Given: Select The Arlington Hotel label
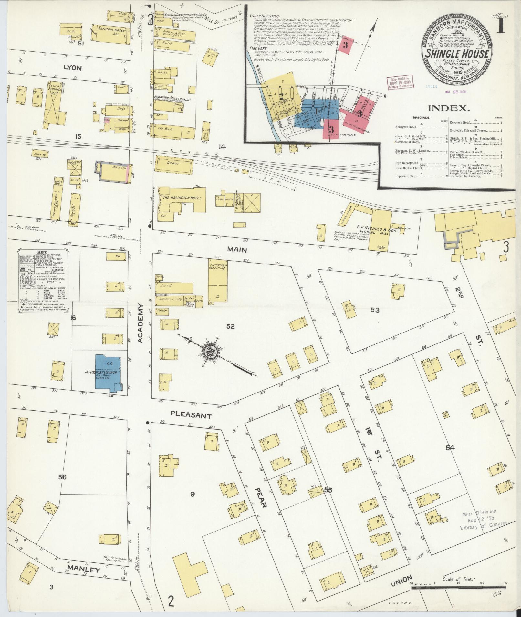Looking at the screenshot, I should click(x=182, y=198).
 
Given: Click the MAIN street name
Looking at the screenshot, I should click(x=237, y=249).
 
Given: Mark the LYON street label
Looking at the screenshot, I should click(x=73, y=68).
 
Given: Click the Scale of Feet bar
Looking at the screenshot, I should click(x=459, y=588).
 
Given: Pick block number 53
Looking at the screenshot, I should click(x=375, y=310).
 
